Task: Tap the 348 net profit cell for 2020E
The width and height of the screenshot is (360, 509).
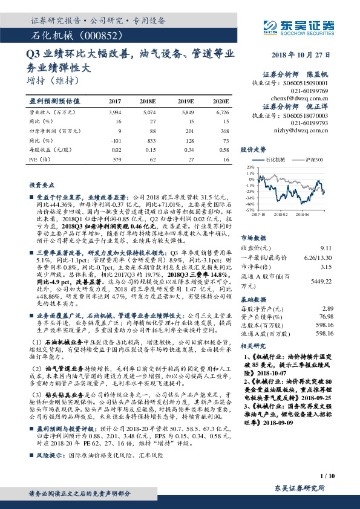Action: (224, 131)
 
